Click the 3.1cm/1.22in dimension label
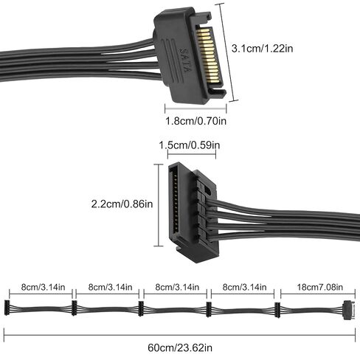[262, 49]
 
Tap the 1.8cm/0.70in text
[195, 121]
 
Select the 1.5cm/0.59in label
[190, 145]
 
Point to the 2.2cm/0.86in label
[122, 204]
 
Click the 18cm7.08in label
[320, 287]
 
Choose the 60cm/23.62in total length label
[180, 347]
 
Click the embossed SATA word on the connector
[184, 60]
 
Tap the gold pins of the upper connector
[208, 55]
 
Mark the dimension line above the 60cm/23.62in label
[179, 335]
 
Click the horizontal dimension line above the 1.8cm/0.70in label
[195, 108]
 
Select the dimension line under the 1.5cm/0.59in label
[192, 154]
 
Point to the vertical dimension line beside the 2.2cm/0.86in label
[159, 205]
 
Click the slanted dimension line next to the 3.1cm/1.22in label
[229, 52]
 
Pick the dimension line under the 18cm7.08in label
[318, 294]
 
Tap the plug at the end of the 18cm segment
[349, 310]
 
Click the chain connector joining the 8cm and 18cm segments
[277, 310]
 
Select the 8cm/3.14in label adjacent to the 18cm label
[244, 287]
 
